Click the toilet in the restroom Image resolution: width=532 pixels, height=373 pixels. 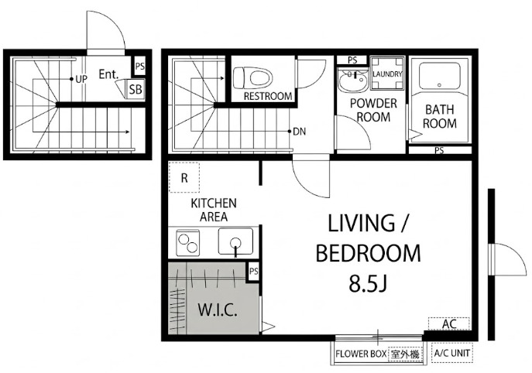(x=253, y=78)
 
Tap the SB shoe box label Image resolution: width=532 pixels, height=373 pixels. (x=136, y=89)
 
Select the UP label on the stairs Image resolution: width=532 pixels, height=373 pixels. (x=81, y=80)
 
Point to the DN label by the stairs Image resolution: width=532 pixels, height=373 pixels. (x=299, y=132)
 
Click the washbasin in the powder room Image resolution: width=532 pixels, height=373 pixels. (x=353, y=80)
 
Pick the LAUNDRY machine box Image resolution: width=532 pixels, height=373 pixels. (x=387, y=74)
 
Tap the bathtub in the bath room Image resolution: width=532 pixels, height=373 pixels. (x=440, y=77)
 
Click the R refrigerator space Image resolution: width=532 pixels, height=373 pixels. (x=184, y=178)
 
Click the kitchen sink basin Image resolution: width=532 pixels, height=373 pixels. (x=235, y=241)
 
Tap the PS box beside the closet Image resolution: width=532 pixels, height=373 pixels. (x=254, y=272)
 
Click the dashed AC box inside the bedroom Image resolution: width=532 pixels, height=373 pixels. (x=449, y=323)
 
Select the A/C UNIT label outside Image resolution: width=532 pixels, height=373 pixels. (x=452, y=353)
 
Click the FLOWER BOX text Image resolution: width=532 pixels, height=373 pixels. (x=361, y=354)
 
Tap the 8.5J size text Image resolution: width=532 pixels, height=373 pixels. (x=368, y=284)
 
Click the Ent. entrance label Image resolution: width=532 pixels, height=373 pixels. (x=108, y=74)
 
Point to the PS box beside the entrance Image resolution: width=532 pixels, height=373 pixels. (x=140, y=66)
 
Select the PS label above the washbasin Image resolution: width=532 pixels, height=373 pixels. (x=352, y=60)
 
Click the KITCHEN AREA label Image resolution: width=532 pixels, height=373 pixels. (x=214, y=210)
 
